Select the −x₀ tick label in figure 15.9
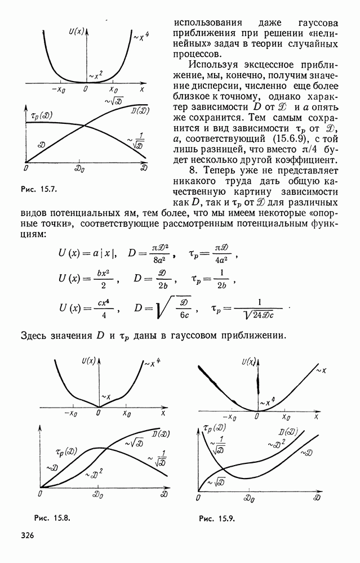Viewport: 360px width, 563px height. coord(229,417)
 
